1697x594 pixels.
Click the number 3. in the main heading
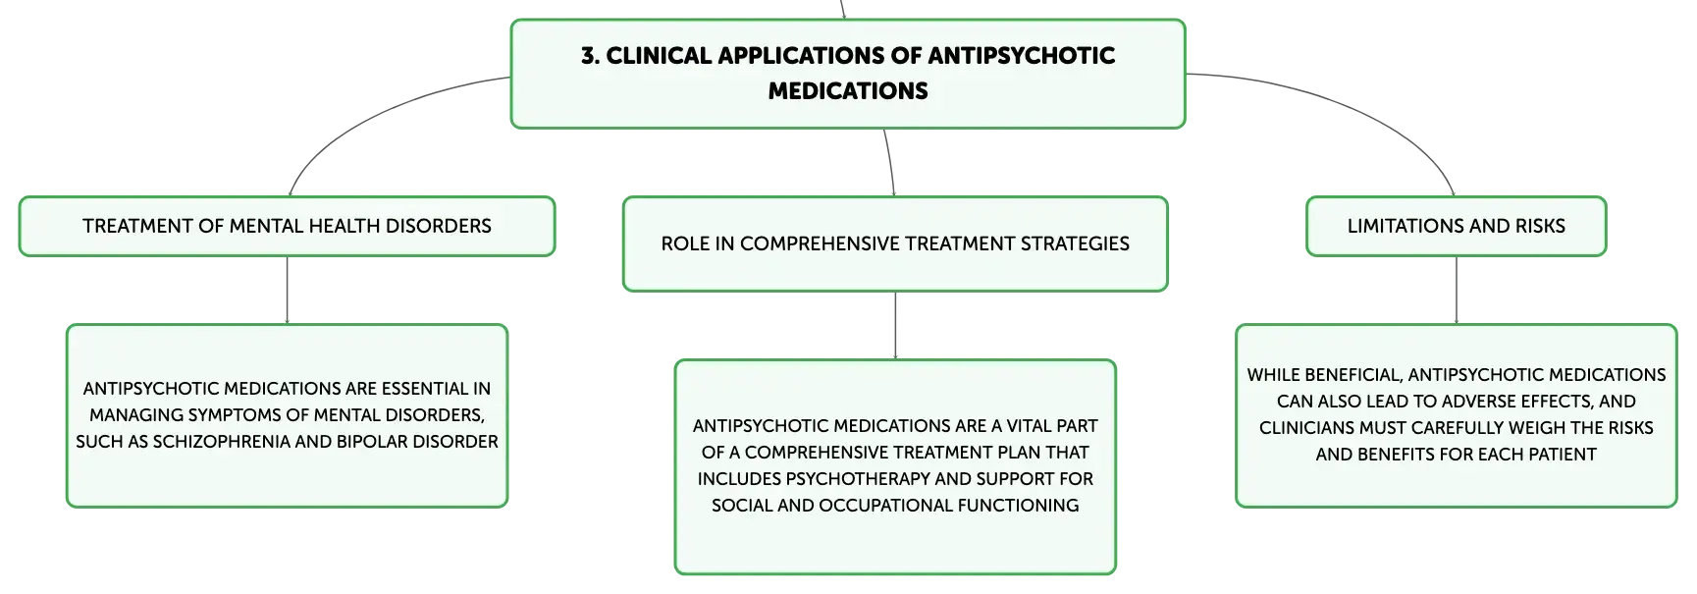coord(590,56)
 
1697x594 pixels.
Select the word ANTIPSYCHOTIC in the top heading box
coord(1021,56)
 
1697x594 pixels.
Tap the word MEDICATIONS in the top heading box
coord(848,91)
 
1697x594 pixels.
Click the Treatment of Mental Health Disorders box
coord(287,227)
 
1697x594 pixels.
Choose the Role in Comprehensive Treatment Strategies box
coord(895,243)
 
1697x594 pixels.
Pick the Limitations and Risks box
coord(1456,227)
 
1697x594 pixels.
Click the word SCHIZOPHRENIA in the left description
coord(229,442)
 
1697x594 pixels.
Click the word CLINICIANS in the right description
coord(1306,428)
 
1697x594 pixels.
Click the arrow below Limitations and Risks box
coord(1456,291)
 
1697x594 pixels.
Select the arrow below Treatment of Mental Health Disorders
coord(287,291)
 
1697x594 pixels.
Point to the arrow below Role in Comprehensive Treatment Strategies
coord(895,326)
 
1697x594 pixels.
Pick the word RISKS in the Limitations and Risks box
coord(1540,227)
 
